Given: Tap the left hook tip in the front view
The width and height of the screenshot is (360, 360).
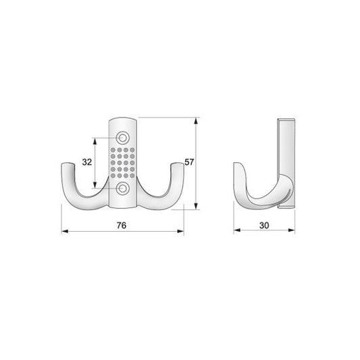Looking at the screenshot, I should point(67,165).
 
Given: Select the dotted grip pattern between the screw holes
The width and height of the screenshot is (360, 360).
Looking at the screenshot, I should point(124,162).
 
